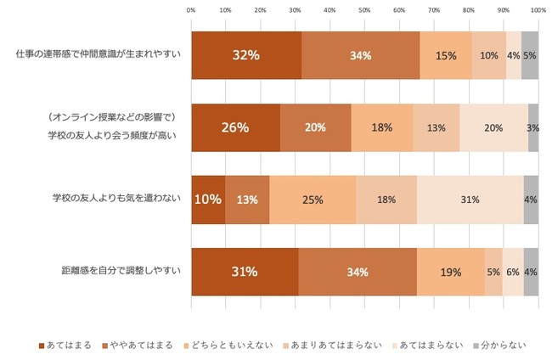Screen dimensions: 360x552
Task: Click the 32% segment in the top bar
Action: point(246,55)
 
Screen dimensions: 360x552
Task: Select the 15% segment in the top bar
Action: point(446,55)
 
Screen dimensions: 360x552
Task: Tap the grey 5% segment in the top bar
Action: point(530,55)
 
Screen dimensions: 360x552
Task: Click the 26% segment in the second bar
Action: point(235,127)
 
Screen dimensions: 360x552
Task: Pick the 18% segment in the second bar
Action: point(382,127)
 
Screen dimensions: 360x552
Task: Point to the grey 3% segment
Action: point(533,127)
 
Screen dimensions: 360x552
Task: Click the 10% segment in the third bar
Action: point(208,200)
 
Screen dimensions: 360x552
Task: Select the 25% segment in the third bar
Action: point(313,200)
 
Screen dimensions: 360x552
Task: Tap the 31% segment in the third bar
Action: point(470,200)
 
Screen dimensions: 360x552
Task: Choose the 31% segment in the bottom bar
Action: point(245,272)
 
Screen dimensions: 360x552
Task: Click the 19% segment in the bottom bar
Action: point(451,272)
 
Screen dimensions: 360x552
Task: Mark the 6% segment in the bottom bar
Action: point(513,272)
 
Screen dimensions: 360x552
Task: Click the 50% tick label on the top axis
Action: point(364,11)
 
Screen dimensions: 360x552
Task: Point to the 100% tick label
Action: point(538,11)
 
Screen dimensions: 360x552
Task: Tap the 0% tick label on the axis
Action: point(191,11)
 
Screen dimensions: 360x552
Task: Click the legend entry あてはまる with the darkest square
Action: point(67,346)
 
